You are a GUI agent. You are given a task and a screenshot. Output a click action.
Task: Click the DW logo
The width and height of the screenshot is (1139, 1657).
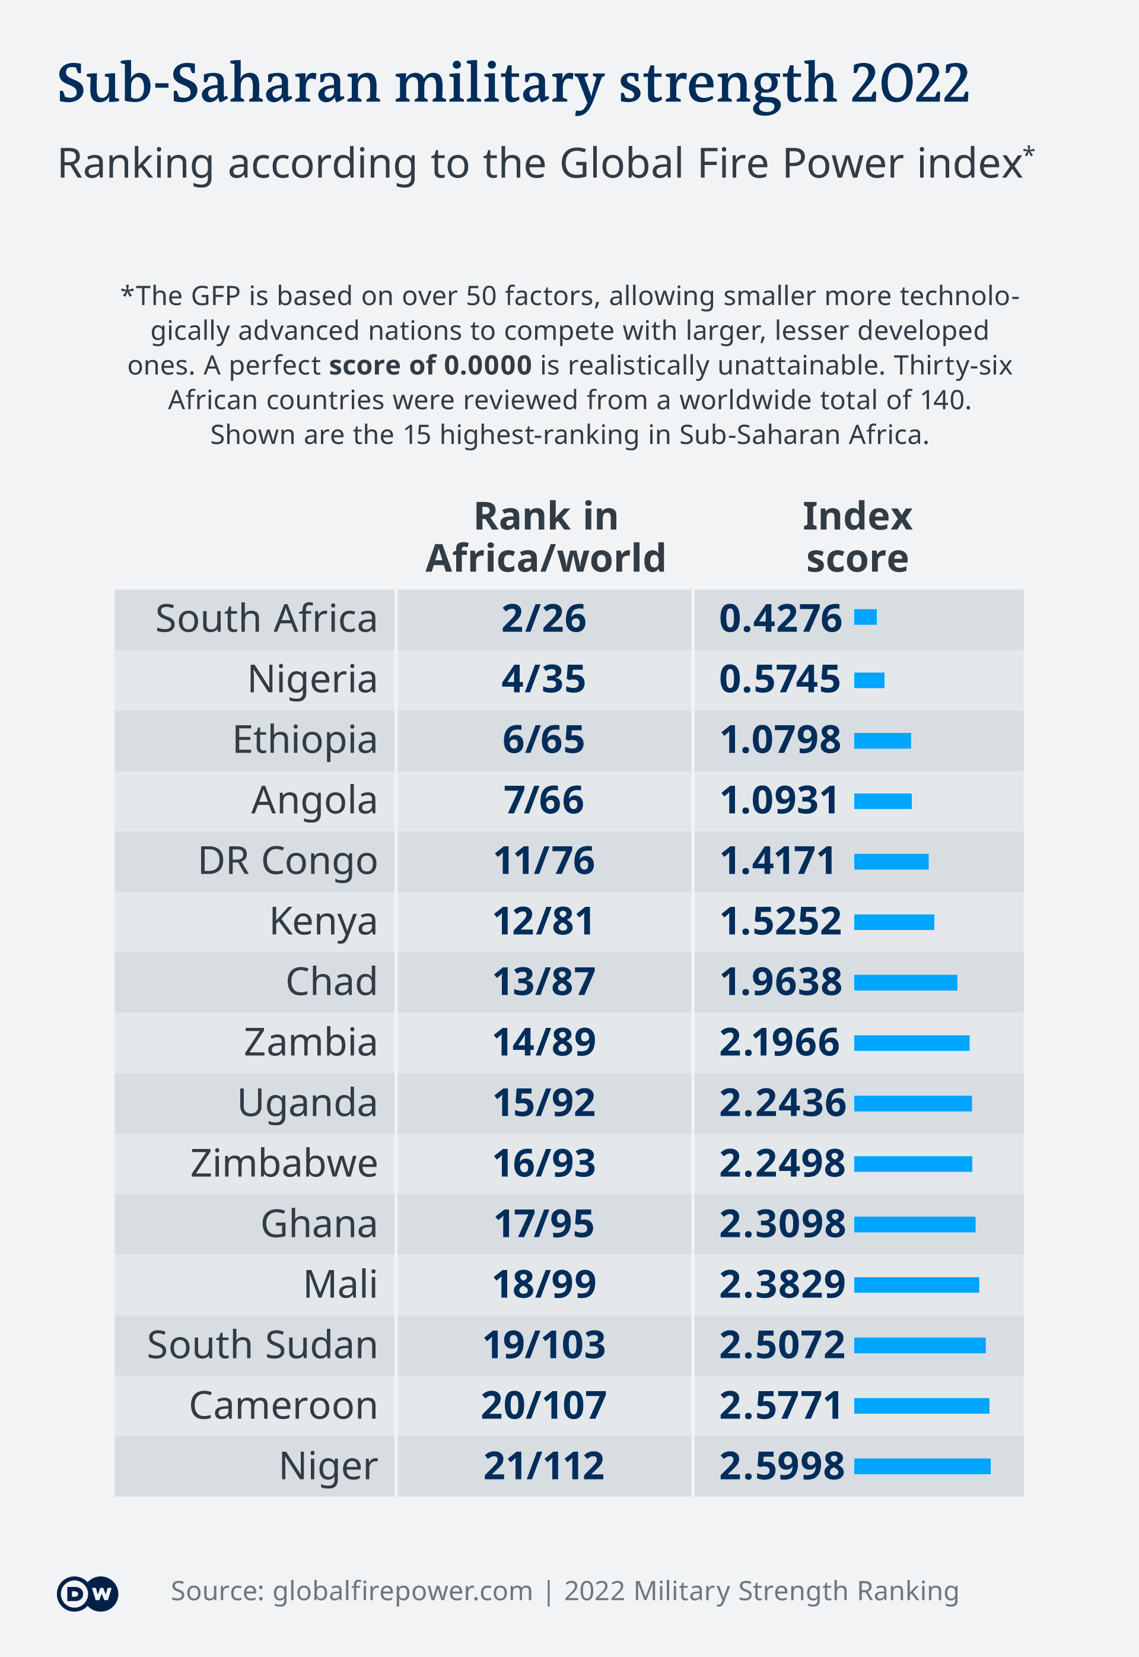point(87,1593)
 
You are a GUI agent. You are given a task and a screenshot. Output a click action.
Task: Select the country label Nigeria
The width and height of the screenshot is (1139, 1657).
point(312,679)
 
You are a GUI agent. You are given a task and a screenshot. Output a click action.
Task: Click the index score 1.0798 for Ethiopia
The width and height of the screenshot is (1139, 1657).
point(780,739)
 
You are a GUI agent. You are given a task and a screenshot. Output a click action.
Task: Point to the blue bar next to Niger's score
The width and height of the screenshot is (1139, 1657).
point(921,1466)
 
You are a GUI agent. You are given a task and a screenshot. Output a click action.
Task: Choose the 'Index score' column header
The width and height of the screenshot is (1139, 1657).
point(857,537)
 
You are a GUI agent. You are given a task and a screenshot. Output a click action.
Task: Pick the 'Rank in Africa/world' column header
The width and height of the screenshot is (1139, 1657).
point(545,537)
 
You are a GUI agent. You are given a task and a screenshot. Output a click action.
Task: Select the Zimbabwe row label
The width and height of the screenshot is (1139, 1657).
point(284,1163)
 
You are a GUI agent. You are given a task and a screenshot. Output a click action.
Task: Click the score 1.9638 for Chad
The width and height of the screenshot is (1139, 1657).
point(780,982)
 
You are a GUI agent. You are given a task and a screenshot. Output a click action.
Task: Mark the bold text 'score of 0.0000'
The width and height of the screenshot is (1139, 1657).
point(429,366)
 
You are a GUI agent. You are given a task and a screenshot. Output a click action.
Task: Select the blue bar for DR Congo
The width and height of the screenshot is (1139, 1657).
point(890,862)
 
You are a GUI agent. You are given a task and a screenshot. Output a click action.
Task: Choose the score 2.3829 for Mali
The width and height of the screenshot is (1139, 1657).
point(781,1284)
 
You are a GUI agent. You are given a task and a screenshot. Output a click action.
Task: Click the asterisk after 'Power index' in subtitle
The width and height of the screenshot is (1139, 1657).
point(1029,152)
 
